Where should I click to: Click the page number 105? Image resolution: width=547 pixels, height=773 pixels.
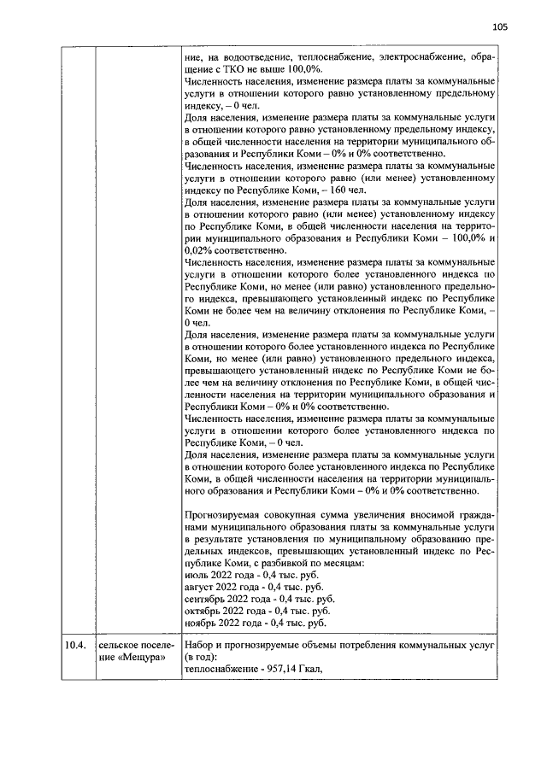tap(500, 27)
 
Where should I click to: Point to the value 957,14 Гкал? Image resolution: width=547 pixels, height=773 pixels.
tap(279, 669)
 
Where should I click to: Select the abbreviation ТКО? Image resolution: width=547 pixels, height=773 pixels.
tap(234, 68)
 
